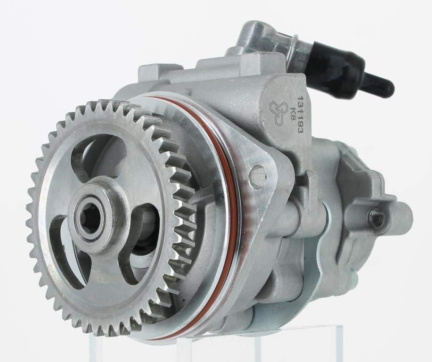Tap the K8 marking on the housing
pos(292,114)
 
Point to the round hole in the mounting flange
pos(258,174)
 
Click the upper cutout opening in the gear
pos(97,155)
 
